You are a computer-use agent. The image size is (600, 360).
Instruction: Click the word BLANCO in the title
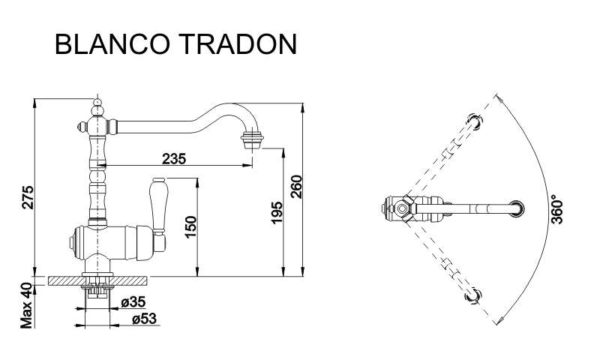pyautogui.click(x=112, y=44)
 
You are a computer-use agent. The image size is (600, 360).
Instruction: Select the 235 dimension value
pyautogui.click(x=174, y=158)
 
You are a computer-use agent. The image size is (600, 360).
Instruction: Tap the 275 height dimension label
pyautogui.click(x=28, y=197)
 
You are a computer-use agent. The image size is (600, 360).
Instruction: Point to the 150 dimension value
pyautogui.click(x=190, y=226)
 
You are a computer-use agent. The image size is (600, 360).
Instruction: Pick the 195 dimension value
pyautogui.click(x=276, y=213)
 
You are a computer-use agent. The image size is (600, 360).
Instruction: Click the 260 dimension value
pyautogui.click(x=296, y=187)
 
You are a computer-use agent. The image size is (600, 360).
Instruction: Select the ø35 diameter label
pyautogui.click(x=133, y=301)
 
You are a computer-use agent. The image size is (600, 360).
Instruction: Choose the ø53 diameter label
pyautogui.click(x=144, y=318)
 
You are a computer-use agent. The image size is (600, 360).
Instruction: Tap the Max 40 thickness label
pyautogui.click(x=26, y=305)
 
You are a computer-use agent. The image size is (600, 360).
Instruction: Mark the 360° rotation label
pyautogui.click(x=557, y=209)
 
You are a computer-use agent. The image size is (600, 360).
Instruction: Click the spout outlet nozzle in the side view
pyautogui.click(x=252, y=139)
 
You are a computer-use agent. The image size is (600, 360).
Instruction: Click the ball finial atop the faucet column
pyautogui.click(x=98, y=102)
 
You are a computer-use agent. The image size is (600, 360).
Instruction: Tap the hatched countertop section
pyautogui.click(x=97, y=280)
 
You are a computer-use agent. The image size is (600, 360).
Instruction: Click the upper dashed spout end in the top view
pyautogui.click(x=475, y=121)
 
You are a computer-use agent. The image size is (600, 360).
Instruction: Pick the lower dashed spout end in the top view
pyautogui.click(x=472, y=295)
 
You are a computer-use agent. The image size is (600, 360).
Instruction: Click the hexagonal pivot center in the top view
pyautogui.click(x=402, y=209)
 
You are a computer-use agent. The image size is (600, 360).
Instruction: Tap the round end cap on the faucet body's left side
pyautogui.click(x=70, y=243)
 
